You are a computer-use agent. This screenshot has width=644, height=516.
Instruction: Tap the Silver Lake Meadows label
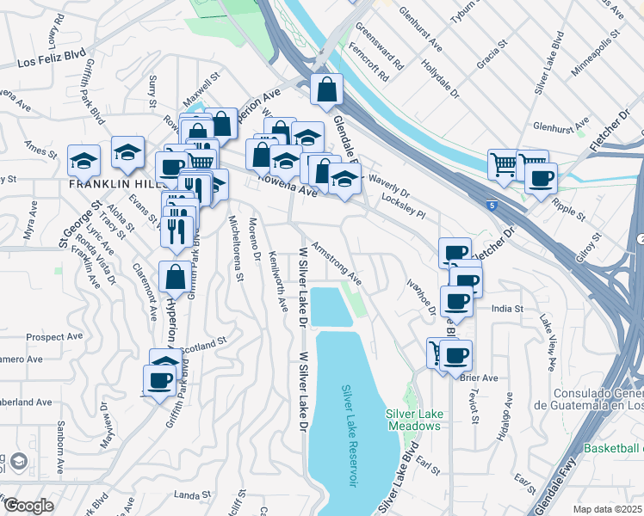coord(415,420)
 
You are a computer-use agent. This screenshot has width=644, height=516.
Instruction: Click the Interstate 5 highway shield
coord(491,206)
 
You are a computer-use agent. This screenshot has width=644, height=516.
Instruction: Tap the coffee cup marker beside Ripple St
coord(541,178)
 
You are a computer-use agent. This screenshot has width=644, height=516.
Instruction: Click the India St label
coord(507,308)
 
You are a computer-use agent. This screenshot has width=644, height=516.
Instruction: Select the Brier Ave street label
coord(480,378)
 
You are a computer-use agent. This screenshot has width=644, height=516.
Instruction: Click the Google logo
coord(28,506)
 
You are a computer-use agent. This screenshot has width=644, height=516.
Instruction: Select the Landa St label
coord(192,494)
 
